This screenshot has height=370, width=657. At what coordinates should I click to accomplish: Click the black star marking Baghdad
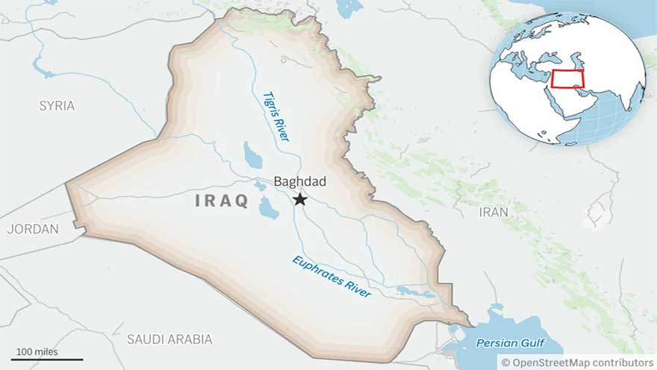(299, 199)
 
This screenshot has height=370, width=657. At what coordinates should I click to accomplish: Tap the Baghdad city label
(299, 182)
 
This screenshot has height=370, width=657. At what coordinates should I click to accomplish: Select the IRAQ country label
(221, 201)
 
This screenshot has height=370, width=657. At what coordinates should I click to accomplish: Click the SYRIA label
(57, 106)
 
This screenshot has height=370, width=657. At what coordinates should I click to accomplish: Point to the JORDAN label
(33, 229)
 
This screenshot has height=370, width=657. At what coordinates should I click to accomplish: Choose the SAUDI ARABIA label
(169, 339)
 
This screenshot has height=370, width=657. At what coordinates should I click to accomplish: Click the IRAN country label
(493, 212)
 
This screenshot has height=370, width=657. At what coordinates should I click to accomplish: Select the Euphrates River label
(331, 277)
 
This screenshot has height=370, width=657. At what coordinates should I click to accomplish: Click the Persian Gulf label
(510, 343)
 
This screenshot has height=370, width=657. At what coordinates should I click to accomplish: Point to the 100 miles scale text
(35, 351)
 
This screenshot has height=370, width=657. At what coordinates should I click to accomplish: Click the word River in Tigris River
(282, 130)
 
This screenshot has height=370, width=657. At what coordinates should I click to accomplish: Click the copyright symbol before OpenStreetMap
(505, 363)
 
